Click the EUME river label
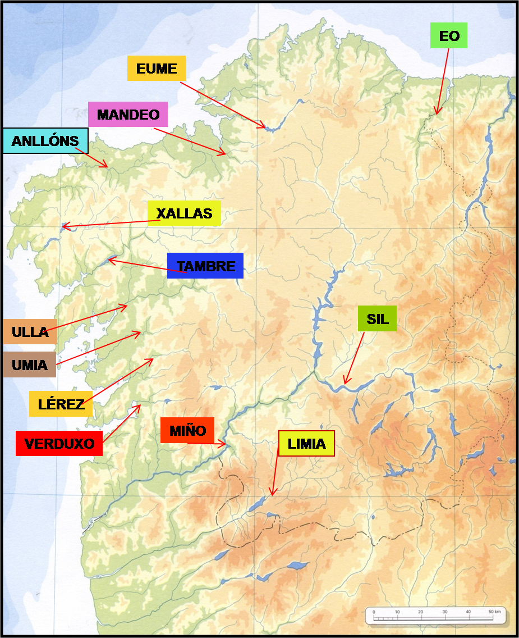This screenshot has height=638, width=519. [x=157, y=69]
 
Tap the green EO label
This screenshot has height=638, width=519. [x=449, y=36]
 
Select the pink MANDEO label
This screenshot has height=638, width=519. [x=128, y=115]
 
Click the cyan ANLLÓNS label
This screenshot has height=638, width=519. [x=45, y=141]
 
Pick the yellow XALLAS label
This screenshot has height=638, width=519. [x=184, y=213]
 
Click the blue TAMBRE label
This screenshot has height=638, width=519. [x=205, y=266]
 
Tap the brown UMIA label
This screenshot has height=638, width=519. [x=29, y=364]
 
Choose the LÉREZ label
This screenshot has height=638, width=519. [x=61, y=404]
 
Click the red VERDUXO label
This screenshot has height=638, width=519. [x=59, y=443]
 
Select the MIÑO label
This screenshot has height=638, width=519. [x=187, y=431]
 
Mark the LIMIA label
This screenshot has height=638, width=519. [x=306, y=444]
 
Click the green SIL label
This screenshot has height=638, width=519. [x=377, y=318]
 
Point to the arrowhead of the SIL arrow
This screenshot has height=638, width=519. [x=345, y=384]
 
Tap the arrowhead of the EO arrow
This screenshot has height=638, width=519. [x=436, y=114]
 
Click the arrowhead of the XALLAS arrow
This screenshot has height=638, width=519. [x=62, y=226]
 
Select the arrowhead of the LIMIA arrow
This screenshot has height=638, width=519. [x=272, y=495]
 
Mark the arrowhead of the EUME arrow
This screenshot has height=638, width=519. [x=265, y=128]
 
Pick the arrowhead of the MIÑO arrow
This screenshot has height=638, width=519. [x=226, y=444]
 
